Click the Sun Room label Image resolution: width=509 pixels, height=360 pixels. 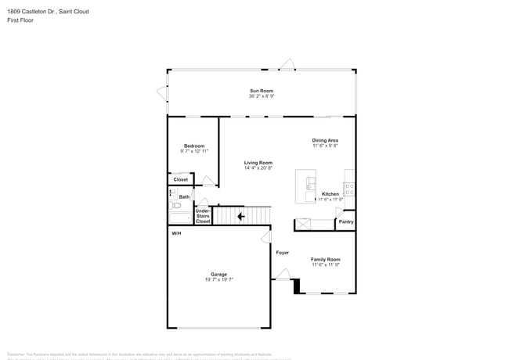[x=262, y=92]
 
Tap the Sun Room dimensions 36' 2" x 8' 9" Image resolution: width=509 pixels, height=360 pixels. [x=262, y=97]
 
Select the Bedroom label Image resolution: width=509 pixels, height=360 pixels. [x=194, y=146]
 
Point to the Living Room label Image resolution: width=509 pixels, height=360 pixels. [x=258, y=163]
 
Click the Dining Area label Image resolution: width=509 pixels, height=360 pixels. [x=325, y=140]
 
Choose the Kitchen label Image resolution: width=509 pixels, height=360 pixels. [x=330, y=193]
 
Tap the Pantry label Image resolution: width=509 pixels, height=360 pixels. [x=345, y=221]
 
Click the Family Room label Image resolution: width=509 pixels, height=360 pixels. [x=326, y=259]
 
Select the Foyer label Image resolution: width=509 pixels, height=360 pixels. [x=282, y=253]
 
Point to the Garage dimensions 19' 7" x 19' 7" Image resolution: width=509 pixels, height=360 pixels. [x=218, y=279]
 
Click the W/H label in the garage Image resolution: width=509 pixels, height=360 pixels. [x=176, y=234]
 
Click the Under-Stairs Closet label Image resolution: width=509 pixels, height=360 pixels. [x=203, y=216]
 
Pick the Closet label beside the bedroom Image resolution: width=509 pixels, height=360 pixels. [x=180, y=179]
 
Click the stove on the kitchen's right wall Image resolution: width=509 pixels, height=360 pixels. [x=349, y=189]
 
